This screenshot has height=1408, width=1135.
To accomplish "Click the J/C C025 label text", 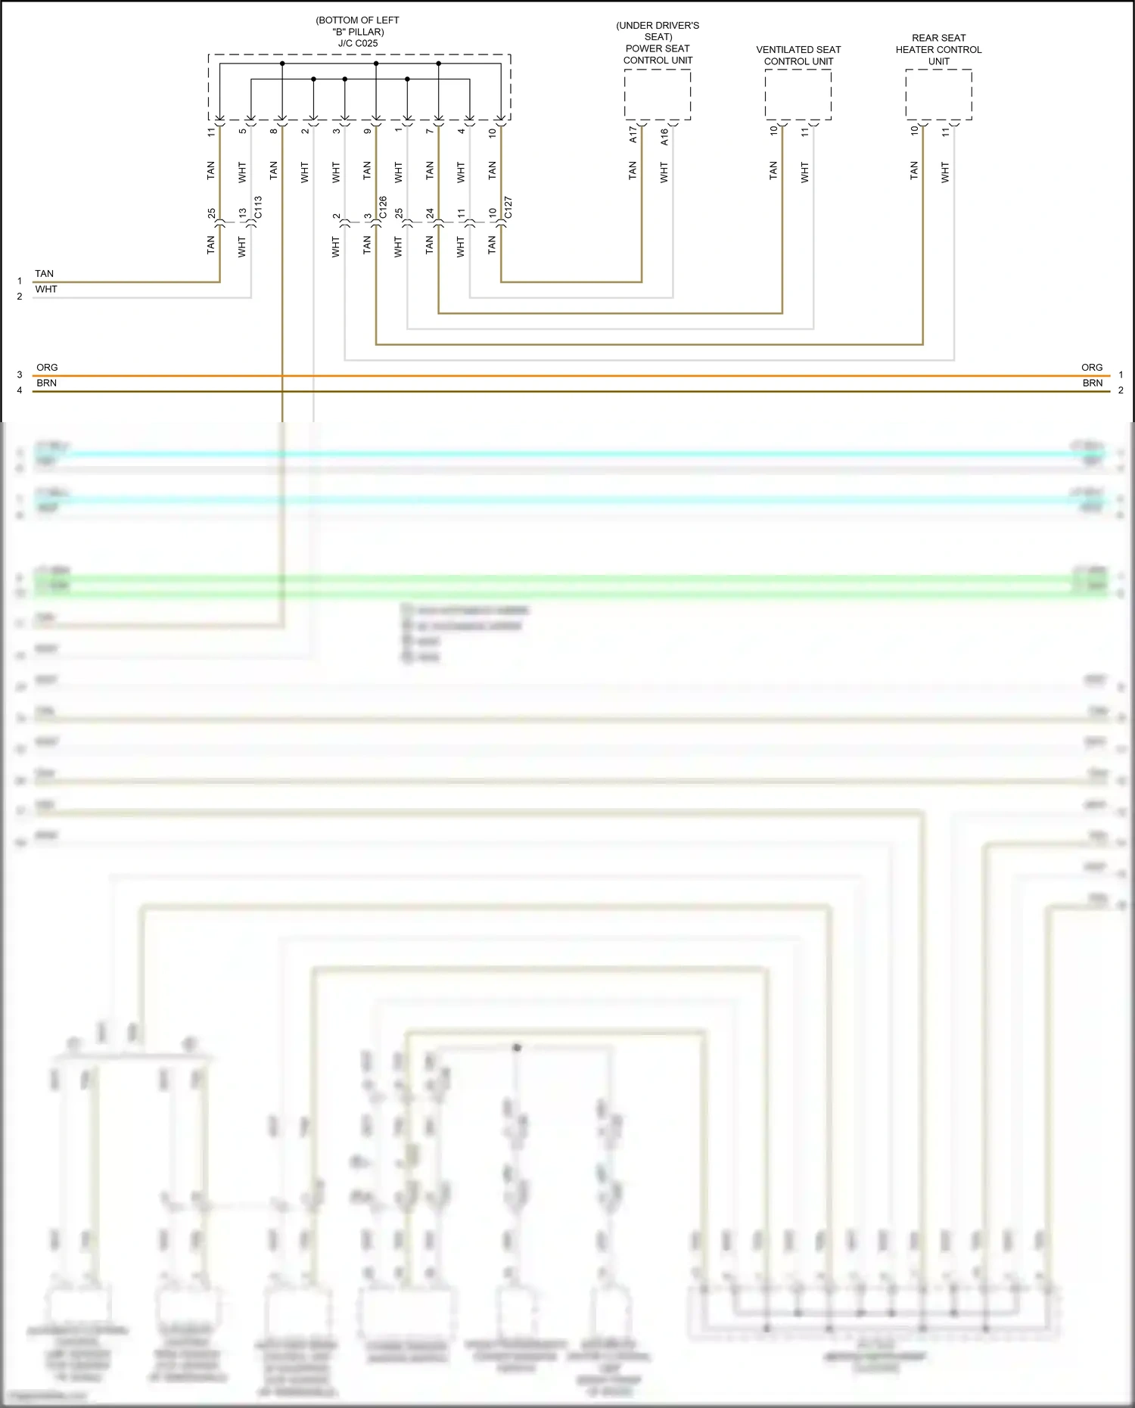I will click(x=358, y=44).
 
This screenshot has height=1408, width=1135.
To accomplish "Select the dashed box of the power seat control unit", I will click(x=658, y=94).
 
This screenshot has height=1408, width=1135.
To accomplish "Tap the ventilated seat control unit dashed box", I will click(x=798, y=94).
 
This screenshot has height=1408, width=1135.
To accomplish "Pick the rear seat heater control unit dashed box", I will click(x=938, y=94).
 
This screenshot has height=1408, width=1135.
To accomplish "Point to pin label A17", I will click(x=633, y=135).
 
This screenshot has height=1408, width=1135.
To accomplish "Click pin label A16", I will click(x=664, y=136).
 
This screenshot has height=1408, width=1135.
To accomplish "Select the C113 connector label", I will click(x=258, y=207).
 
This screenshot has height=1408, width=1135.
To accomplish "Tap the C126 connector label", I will click(x=383, y=207).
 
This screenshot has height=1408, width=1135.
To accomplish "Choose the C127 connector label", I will click(x=508, y=207).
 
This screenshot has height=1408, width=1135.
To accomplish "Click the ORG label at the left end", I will click(x=47, y=368).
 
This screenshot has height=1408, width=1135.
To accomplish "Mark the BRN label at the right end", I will click(x=1092, y=384).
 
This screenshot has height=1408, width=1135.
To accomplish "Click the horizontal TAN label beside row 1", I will click(x=45, y=274).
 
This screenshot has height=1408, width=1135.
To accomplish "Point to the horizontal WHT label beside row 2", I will click(x=46, y=290).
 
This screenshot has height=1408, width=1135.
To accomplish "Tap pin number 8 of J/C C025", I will click(x=274, y=132).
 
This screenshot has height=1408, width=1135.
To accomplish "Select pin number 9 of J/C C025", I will click(x=368, y=132).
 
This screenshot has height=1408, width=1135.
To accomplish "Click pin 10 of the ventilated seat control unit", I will click(x=773, y=130).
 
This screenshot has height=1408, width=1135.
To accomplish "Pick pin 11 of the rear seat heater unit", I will click(x=945, y=132).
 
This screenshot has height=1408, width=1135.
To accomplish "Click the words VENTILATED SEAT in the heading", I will click(x=798, y=50).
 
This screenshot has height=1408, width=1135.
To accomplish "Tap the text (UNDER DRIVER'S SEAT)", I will click(x=658, y=31).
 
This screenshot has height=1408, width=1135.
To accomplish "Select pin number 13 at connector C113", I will click(x=243, y=213).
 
